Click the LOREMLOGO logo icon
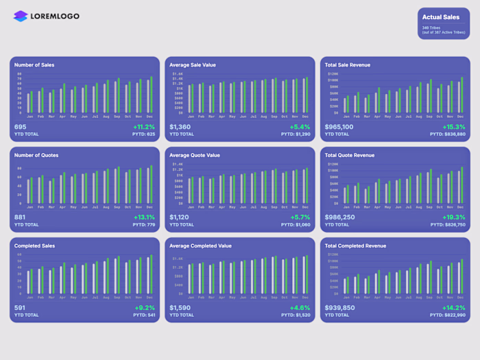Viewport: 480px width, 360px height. (x=21, y=16)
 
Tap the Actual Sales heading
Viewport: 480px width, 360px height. (x=441, y=17)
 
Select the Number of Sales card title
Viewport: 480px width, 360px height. (x=34, y=65)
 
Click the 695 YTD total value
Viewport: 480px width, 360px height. (x=21, y=127)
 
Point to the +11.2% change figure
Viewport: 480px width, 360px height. (x=144, y=127)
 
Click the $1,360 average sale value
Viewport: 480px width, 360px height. (x=180, y=127)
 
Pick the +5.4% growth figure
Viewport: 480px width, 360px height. (x=300, y=127)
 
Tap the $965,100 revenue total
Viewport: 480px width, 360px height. (x=339, y=127)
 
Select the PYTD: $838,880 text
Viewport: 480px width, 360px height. (x=448, y=134)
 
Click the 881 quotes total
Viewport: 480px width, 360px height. (x=21, y=217)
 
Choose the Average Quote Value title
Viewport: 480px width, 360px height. (x=195, y=156)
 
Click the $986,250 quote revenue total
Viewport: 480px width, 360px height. (x=339, y=217)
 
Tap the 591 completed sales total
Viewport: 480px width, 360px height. (x=20, y=308)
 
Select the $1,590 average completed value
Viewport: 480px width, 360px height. (x=180, y=308)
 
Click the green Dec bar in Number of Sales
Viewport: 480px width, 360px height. (x=151, y=95)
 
